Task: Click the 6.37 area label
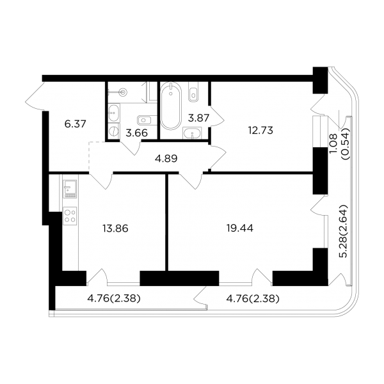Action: (x=75, y=124)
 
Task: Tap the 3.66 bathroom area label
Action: (x=137, y=133)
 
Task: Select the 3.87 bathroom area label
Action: (x=198, y=118)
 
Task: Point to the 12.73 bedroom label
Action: (x=260, y=131)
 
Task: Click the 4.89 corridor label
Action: (x=166, y=159)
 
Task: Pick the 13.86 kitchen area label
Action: (x=115, y=228)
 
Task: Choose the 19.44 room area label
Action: (x=240, y=228)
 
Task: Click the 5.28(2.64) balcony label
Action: (x=343, y=231)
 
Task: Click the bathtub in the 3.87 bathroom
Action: (x=171, y=106)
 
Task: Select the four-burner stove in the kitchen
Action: (x=70, y=216)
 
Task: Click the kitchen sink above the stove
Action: (x=70, y=189)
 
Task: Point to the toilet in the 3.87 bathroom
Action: (x=193, y=92)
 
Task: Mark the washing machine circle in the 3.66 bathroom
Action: (x=114, y=131)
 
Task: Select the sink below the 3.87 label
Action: (x=192, y=133)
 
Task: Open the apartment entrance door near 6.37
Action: (x=35, y=97)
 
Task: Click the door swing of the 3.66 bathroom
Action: (x=131, y=147)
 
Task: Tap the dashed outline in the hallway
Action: (x=89, y=157)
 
